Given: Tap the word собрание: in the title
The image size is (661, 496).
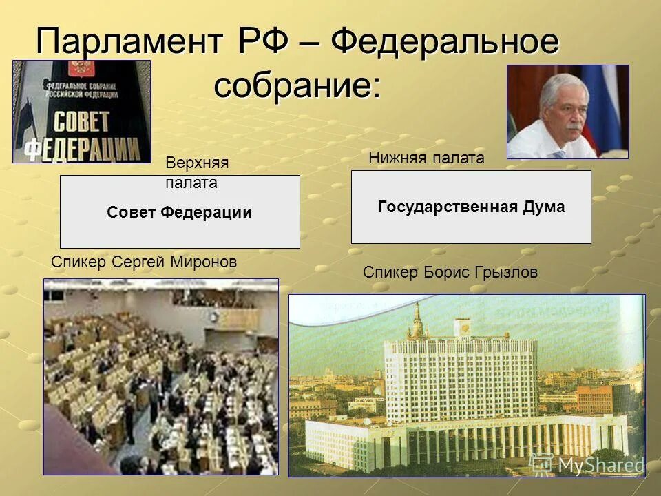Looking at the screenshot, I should [297, 86].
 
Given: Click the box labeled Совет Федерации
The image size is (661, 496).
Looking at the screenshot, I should [180, 212].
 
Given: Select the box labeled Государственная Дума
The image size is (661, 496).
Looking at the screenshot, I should [471, 207].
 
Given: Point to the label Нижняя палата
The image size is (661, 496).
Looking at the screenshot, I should [426, 158].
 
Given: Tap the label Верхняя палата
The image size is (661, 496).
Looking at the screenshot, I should [196, 172].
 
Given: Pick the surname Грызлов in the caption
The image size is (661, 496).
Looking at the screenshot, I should [505, 273].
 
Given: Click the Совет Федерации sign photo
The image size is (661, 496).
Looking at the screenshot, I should [81, 112].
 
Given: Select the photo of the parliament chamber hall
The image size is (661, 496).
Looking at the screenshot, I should [161, 376].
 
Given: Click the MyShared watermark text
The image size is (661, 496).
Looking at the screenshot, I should [600, 465].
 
